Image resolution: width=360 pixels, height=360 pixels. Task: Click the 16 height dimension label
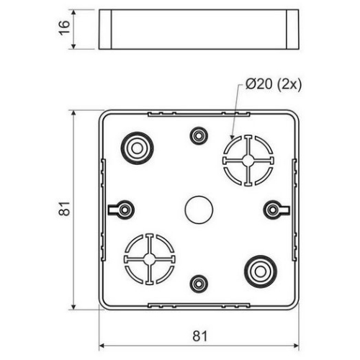tap(64, 28)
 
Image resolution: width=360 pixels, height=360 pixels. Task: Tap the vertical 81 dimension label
tap(64, 208)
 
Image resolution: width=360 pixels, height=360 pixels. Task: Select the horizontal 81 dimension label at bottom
tap(199, 336)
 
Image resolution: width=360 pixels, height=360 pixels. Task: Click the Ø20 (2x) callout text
tap(274, 85)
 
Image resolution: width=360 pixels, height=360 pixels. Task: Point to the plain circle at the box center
tap(199, 210)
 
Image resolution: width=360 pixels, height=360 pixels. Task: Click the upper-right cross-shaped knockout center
tap(248, 161)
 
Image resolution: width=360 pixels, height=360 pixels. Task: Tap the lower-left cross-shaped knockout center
tap(150, 259)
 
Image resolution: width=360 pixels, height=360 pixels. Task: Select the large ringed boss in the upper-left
tap(137, 148)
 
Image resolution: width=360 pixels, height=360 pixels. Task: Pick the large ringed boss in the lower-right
tap(261, 271)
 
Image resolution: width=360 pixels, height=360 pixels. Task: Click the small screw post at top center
tap(199, 136)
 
